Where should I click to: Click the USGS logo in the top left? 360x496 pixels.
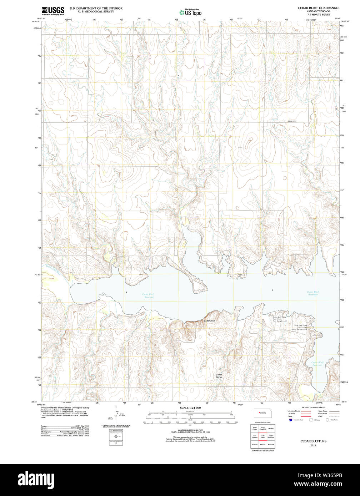(x=53, y=10)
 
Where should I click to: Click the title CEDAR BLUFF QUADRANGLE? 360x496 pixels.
(x=319, y=8)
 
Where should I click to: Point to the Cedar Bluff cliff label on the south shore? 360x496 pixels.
(x=209, y=321)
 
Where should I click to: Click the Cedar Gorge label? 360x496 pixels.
(x=219, y=376)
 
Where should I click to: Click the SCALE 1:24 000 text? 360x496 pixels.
(x=190, y=408)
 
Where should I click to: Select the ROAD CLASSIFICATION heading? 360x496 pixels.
(x=313, y=408)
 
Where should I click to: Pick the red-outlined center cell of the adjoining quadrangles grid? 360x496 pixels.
(x=263, y=436)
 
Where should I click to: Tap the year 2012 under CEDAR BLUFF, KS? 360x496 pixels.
(x=313, y=445)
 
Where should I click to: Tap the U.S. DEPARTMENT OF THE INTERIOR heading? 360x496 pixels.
(x=96, y=8)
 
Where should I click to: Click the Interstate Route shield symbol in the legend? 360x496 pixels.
(x=290, y=420)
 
